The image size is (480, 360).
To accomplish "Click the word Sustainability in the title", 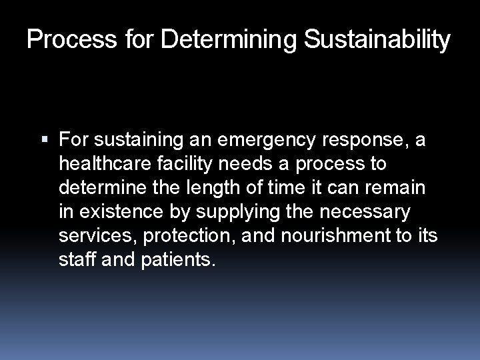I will (377, 40).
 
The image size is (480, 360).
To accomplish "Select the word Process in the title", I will (62, 40).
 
